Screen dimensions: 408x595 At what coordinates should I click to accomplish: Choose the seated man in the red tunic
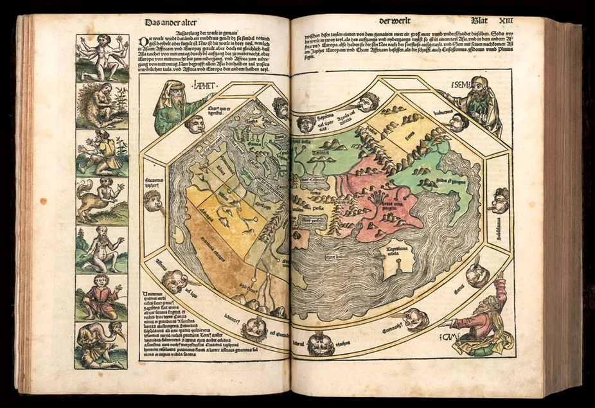pos(102,297)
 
